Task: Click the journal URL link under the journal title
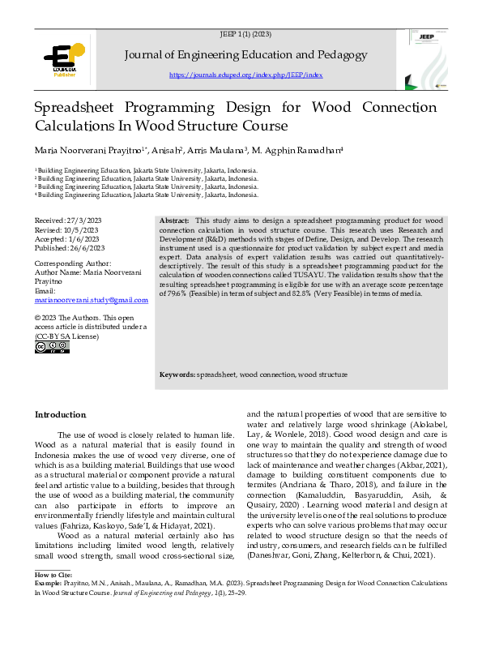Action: pyautogui.click(x=245, y=75)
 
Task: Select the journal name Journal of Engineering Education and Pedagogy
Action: pyautogui.click(x=246, y=54)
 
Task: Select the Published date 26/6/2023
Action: pyautogui.click(x=88, y=247)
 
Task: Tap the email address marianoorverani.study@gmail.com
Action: pyautogui.click(x=92, y=300)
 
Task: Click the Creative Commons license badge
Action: pyautogui.click(x=52, y=348)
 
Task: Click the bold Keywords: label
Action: pyautogui.click(x=177, y=375)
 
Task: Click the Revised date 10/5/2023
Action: pyautogui.click(x=82, y=229)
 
